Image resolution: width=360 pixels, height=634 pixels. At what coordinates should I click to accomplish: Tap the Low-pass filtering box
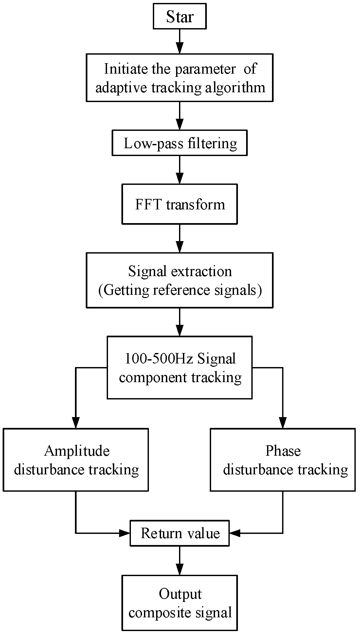pos(180,143)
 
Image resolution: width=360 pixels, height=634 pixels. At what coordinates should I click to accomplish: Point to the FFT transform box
pos(180,204)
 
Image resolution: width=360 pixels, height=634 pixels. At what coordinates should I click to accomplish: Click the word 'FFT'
pos(148,204)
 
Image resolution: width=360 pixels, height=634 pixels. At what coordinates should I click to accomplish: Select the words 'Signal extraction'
pos(180,271)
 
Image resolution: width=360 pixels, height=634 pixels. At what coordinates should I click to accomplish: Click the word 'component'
pos(153,378)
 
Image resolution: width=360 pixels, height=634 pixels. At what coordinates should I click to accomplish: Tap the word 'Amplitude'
pos(77,451)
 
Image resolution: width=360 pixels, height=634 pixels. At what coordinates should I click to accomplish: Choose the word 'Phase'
pos(283,451)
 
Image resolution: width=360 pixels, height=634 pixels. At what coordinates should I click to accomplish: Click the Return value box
pos(180,534)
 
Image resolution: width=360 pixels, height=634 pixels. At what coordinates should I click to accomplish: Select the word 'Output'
pos(180,594)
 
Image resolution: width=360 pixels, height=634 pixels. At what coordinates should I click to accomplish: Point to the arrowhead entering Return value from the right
pos(234,534)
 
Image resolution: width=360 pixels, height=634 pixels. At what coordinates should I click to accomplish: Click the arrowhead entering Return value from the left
pos(125,534)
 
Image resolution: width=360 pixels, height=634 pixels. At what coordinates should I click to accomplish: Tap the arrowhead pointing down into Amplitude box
pos(76,423)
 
